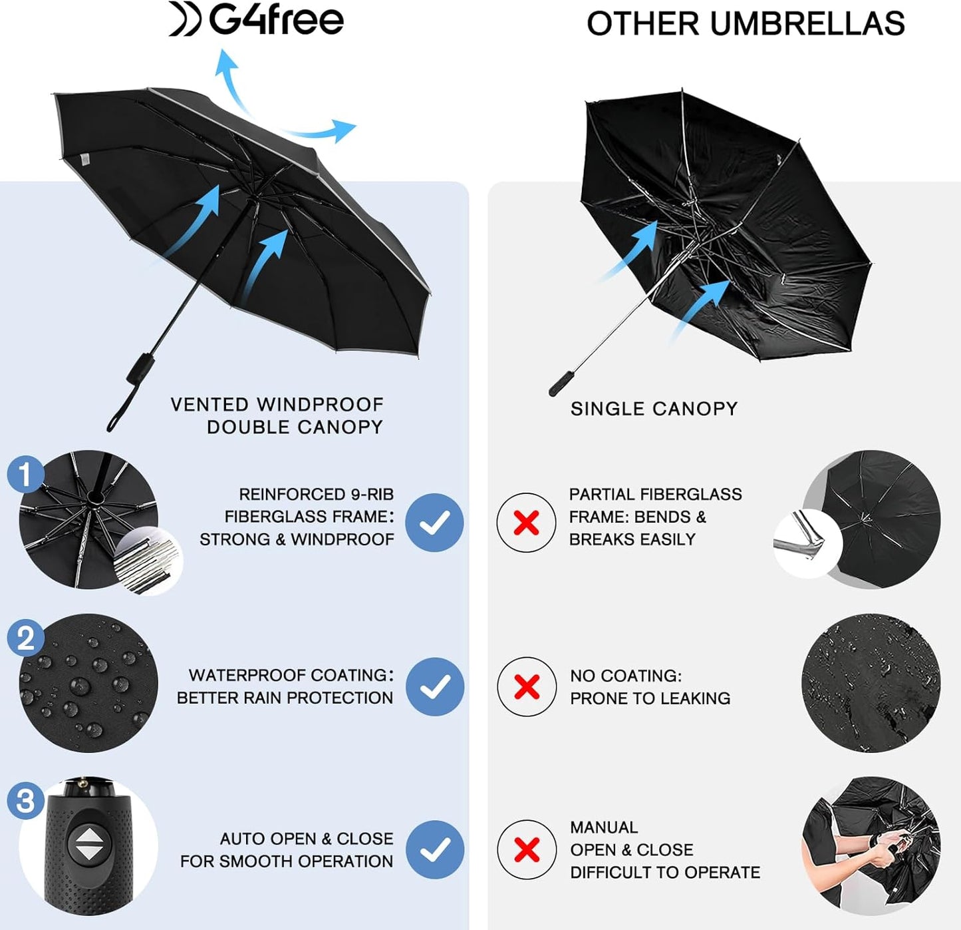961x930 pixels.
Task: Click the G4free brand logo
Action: click(257, 19)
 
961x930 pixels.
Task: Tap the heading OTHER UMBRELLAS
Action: click(745, 24)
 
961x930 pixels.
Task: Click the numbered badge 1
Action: click(25, 474)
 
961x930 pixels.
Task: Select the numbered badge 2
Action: click(25, 638)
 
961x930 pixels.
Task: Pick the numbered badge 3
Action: click(25, 800)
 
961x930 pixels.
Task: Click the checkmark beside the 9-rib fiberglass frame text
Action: click(434, 523)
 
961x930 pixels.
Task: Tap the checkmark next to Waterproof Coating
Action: click(434, 686)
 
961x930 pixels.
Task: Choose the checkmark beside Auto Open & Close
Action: click(434, 849)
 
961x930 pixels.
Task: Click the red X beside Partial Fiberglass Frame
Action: click(526, 523)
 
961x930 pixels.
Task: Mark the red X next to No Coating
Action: click(526, 686)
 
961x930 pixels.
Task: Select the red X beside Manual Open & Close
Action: click(526, 849)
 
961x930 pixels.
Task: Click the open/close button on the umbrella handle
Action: click(86, 843)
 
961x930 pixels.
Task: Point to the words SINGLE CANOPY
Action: click(654, 409)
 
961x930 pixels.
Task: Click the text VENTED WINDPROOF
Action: click(277, 404)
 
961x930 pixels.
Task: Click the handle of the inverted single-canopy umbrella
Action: click(561, 383)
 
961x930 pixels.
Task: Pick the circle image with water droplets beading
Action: click(88, 683)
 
